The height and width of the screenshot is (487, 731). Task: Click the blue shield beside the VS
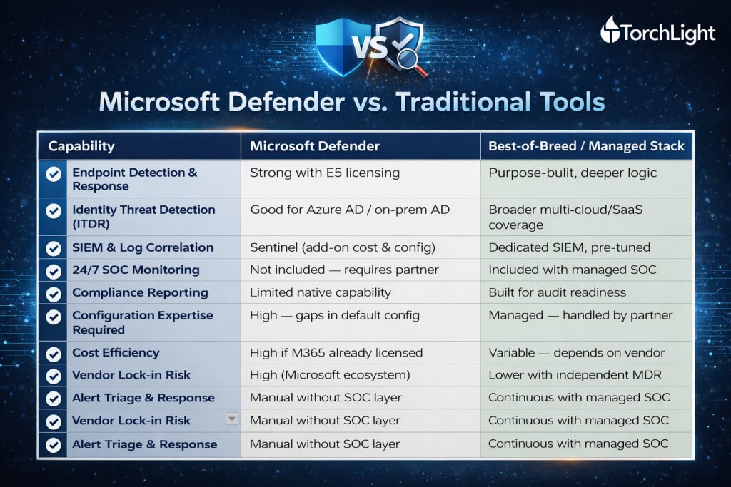(x=334, y=46)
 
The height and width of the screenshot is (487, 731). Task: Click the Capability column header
(x=81, y=146)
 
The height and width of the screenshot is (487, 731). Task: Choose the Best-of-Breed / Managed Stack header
(x=586, y=146)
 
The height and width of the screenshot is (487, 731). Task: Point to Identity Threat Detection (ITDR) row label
(x=143, y=217)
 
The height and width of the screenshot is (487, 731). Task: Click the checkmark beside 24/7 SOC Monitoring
(x=53, y=271)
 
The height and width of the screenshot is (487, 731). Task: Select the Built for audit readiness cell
(x=557, y=292)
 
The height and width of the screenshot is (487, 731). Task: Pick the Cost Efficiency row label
(x=115, y=352)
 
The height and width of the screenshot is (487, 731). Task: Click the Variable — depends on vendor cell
(x=576, y=352)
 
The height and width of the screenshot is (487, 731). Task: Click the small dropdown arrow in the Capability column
(x=231, y=419)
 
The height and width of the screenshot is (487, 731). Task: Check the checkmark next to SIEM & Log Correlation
(x=53, y=248)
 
